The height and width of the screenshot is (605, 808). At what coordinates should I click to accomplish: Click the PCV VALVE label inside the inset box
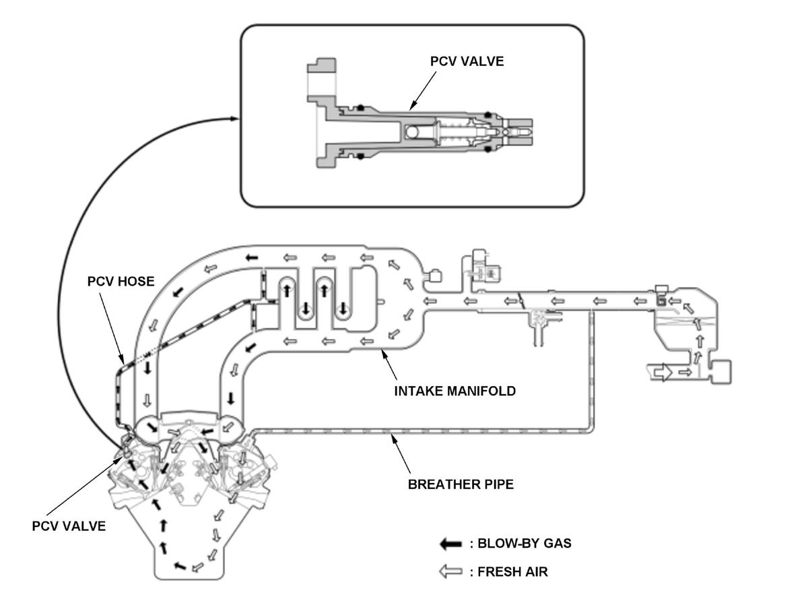click(x=467, y=61)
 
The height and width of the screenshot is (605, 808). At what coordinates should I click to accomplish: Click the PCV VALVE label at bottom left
click(x=69, y=526)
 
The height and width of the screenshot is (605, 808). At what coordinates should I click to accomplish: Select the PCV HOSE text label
click(x=121, y=282)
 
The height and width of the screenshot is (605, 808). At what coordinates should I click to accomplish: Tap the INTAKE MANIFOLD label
click(x=454, y=391)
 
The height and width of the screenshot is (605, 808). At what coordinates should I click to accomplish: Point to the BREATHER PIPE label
click(x=461, y=484)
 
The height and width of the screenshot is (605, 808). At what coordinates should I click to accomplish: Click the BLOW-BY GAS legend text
click(x=524, y=543)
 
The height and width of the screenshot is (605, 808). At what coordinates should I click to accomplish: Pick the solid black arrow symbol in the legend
click(x=450, y=544)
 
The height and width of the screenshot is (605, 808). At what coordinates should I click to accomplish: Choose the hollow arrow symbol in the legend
click(x=450, y=572)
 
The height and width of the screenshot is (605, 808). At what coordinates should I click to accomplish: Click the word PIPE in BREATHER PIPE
click(x=498, y=484)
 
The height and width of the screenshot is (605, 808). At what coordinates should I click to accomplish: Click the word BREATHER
click(x=444, y=484)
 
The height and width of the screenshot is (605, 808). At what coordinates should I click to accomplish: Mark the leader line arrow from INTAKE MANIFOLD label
click(x=389, y=364)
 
